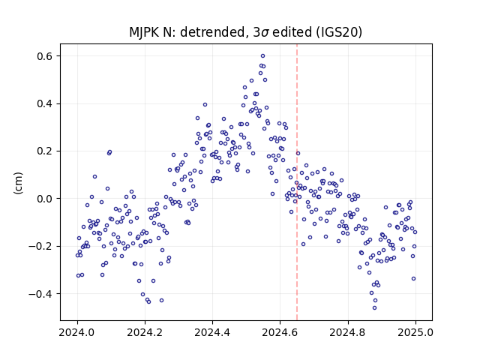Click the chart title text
click(x=245, y=32)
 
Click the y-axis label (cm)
click(x=18, y=183)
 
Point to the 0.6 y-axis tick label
click(x=45, y=56)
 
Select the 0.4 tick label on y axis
click(x=45, y=103)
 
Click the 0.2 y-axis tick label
click(x=45, y=151)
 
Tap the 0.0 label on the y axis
click(x=45, y=199)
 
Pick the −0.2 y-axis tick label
click(x=41, y=246)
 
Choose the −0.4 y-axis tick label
click(x=41, y=294)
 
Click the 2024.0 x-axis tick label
click(x=77, y=332)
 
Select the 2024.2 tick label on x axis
click(x=145, y=332)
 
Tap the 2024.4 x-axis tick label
click(x=212, y=332)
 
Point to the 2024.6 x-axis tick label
click(x=280, y=332)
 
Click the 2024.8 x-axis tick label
click(x=348, y=332)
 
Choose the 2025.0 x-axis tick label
click(x=415, y=332)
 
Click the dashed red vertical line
click(x=297, y=182)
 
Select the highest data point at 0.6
click(x=262, y=55)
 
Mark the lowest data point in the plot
click(x=374, y=308)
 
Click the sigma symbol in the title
click(x=265, y=33)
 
